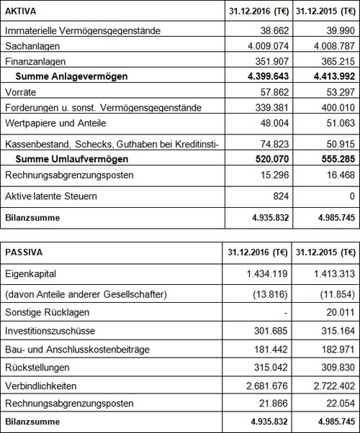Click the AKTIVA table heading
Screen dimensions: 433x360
click(21, 12)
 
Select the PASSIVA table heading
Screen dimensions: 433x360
click(24, 253)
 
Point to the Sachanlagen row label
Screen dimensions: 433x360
click(30, 45)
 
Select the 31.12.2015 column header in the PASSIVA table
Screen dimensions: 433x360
click(327, 253)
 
